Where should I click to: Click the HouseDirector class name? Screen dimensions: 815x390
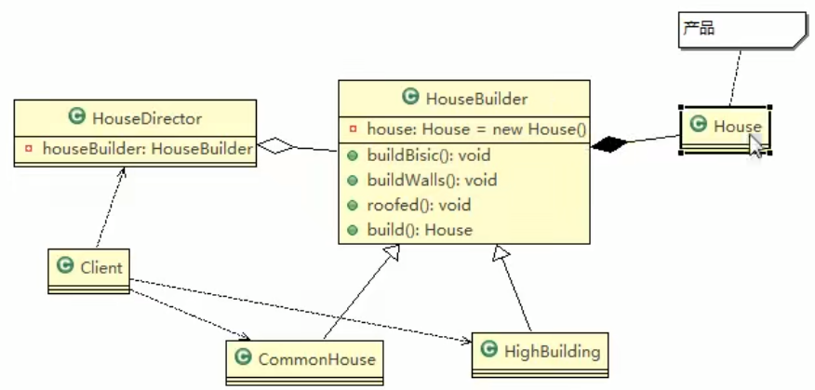[x=147, y=117]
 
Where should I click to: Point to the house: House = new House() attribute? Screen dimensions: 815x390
[x=476, y=128]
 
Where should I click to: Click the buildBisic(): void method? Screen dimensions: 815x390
[x=429, y=155]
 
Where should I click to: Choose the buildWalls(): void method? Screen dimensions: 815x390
[x=432, y=180]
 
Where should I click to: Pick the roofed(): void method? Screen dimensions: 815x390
[x=419, y=205]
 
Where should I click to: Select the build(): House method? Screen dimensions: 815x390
[x=420, y=230]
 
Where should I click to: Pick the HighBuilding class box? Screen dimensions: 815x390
[x=540, y=353]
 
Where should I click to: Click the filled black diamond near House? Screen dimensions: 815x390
[x=609, y=144]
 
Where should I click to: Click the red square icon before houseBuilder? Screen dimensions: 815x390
[x=28, y=149]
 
